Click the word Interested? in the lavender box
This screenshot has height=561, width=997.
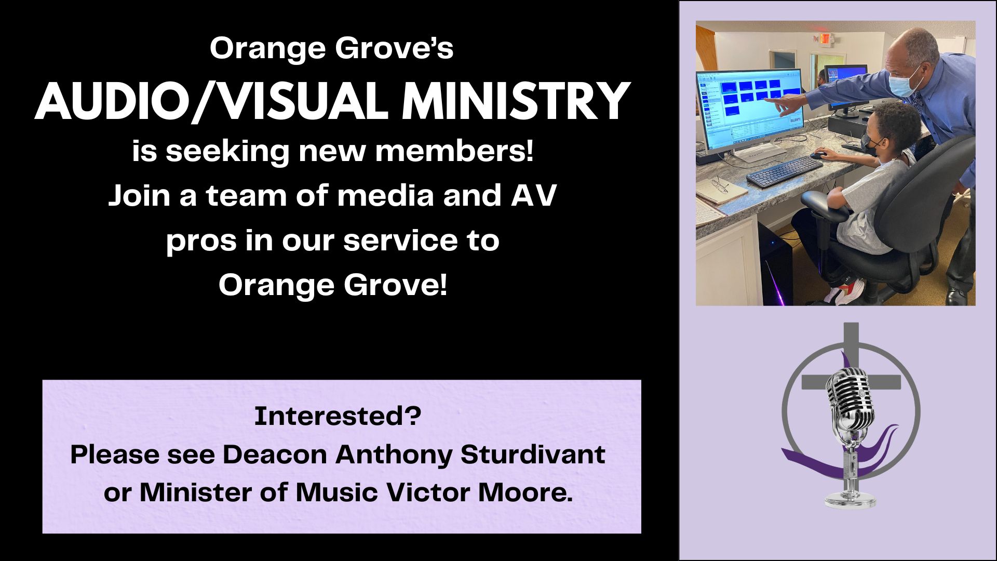click(x=338, y=416)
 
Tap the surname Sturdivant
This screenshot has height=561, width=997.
click(x=533, y=455)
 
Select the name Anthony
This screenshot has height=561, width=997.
click(x=394, y=456)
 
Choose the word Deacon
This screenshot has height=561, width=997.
click(x=275, y=455)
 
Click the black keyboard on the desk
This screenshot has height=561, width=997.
click(x=784, y=172)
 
